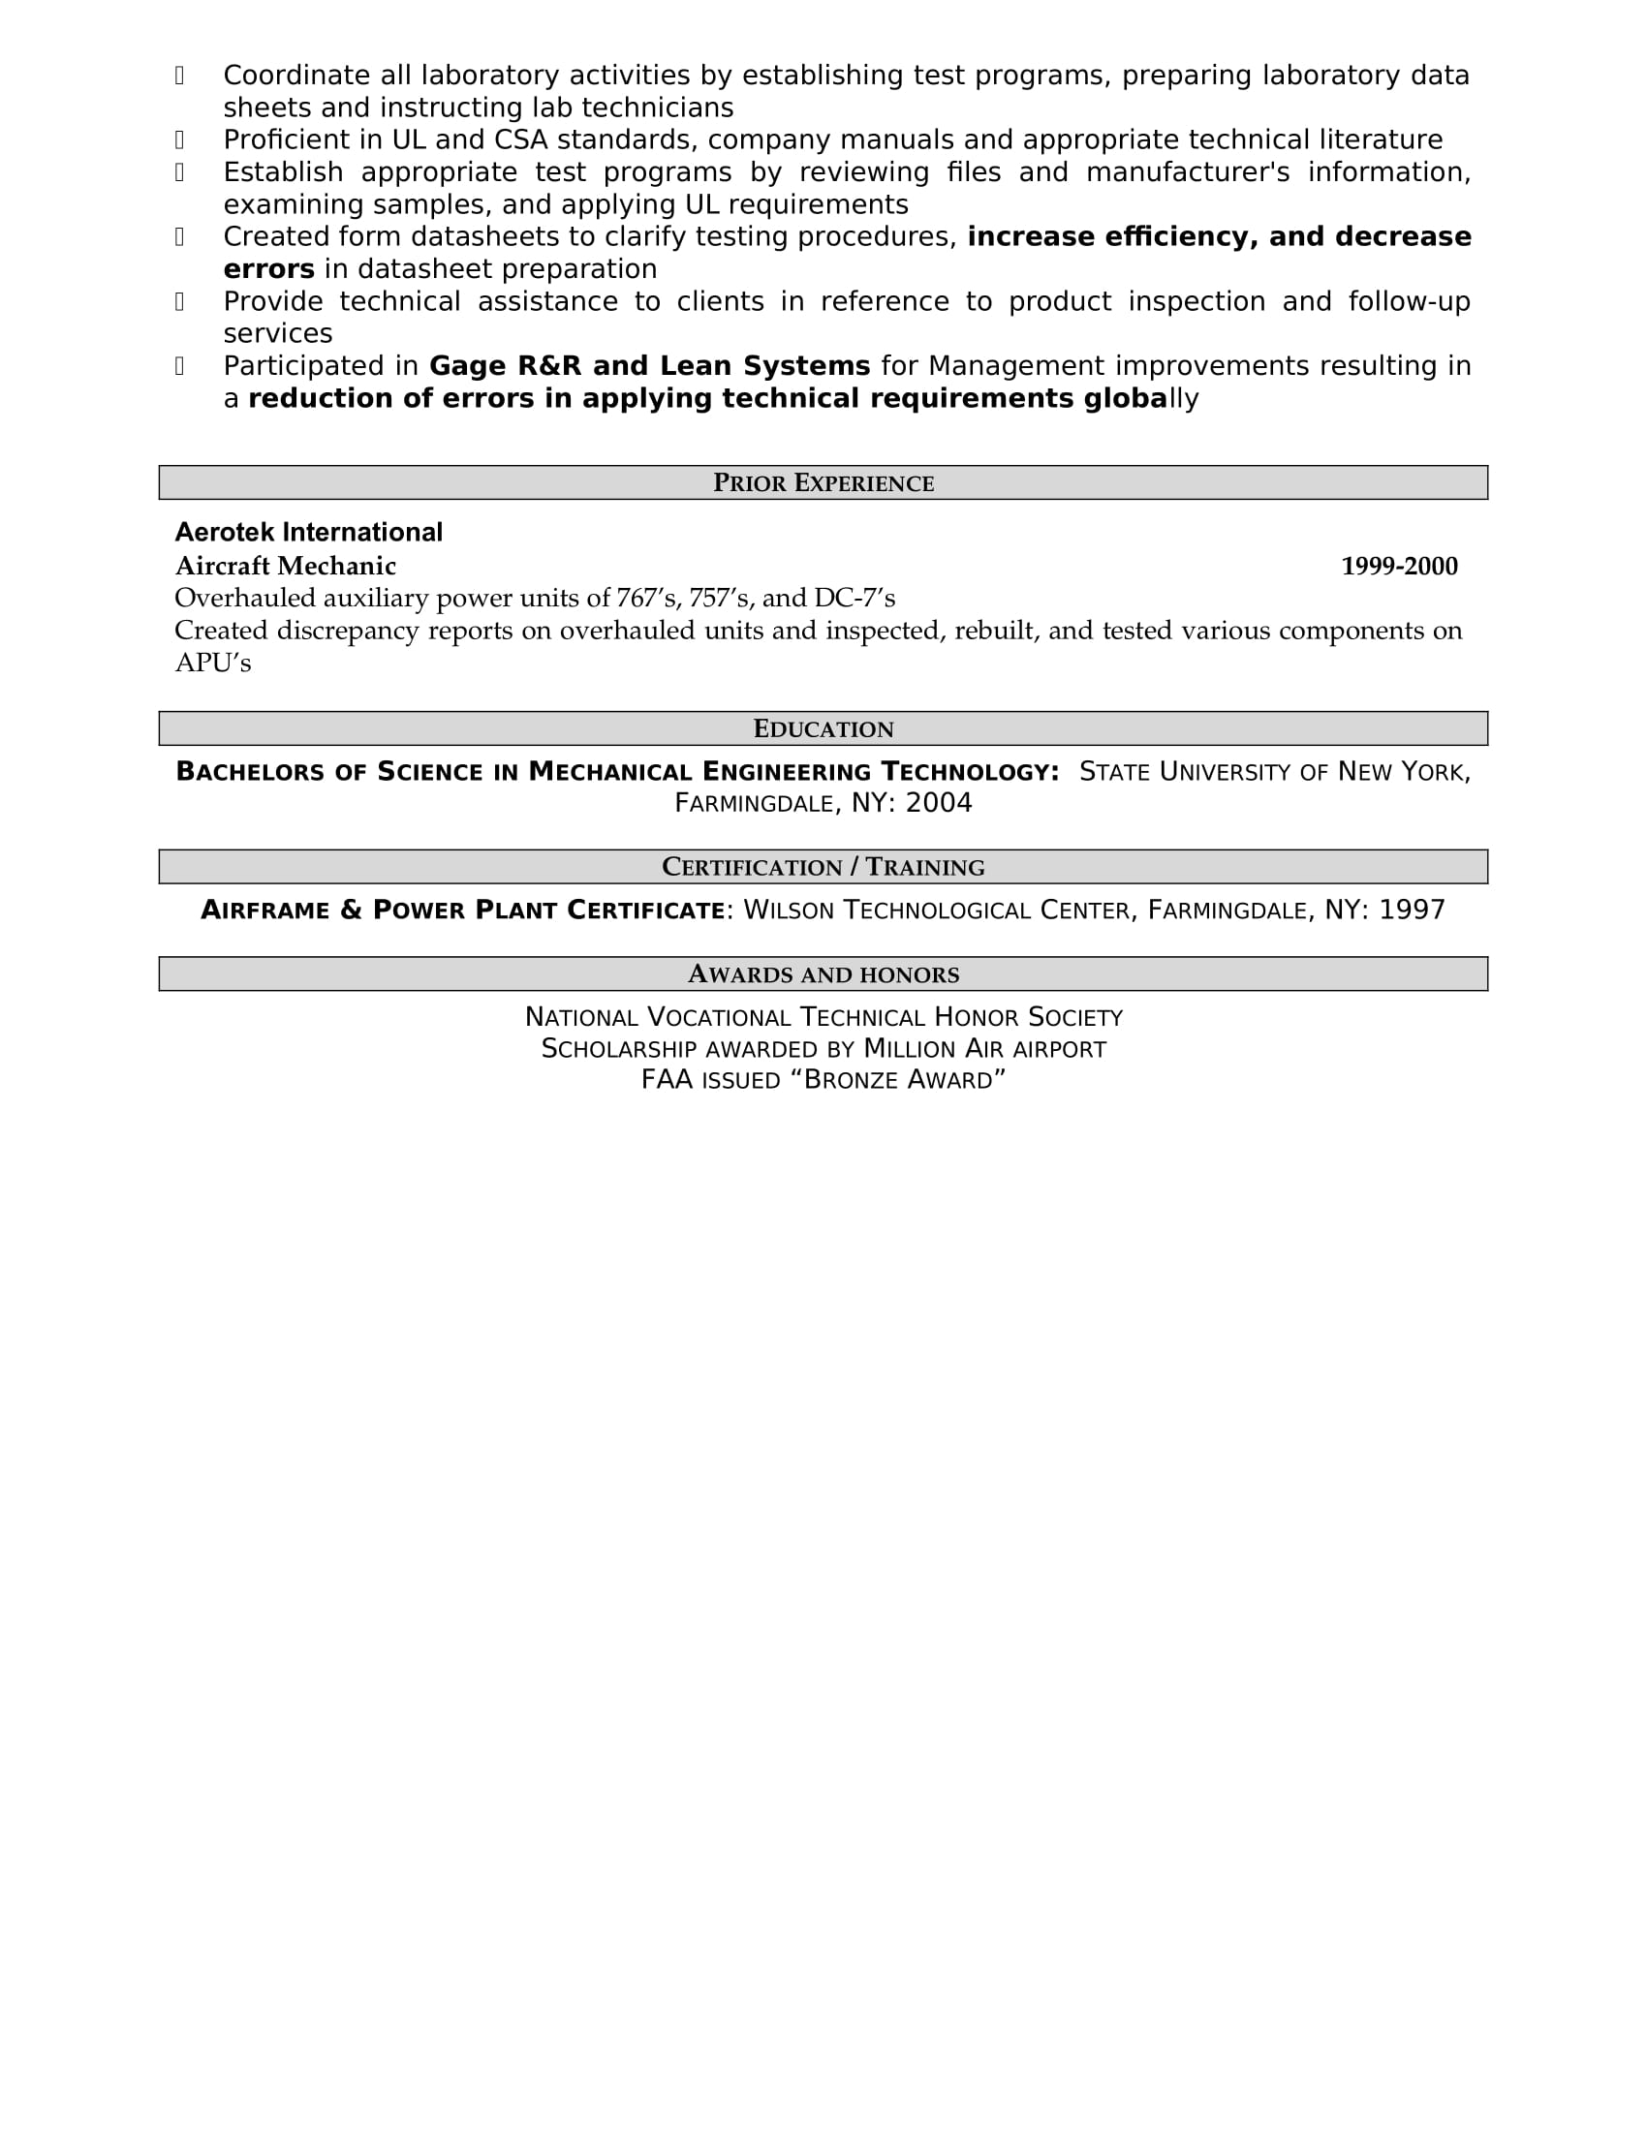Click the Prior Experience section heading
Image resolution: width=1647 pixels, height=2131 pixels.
(x=823, y=483)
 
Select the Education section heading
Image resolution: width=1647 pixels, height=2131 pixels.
(x=823, y=728)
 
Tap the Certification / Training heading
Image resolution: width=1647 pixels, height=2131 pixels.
(x=823, y=868)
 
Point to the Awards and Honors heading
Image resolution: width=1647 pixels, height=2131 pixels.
(x=823, y=974)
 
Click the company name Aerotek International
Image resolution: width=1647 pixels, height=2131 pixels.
(x=308, y=532)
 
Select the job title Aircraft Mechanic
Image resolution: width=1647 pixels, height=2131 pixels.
(x=285, y=566)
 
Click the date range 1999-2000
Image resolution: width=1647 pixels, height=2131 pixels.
(x=1398, y=566)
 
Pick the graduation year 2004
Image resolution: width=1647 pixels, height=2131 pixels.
(x=939, y=803)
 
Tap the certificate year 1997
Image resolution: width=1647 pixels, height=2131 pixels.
(x=1411, y=911)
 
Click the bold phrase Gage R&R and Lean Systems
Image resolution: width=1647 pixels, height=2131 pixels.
(x=649, y=366)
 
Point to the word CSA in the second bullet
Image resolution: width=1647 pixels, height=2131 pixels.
(x=521, y=140)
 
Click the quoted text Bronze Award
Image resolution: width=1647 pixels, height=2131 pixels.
(x=903, y=1080)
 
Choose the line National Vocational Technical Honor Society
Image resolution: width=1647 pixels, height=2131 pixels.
(x=823, y=1018)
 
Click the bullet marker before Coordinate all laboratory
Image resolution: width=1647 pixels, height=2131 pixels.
(x=179, y=76)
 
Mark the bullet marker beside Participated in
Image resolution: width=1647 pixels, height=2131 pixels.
(x=179, y=366)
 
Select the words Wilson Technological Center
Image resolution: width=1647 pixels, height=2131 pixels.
(x=937, y=911)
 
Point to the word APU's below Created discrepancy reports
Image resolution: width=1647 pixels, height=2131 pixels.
(x=213, y=664)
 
